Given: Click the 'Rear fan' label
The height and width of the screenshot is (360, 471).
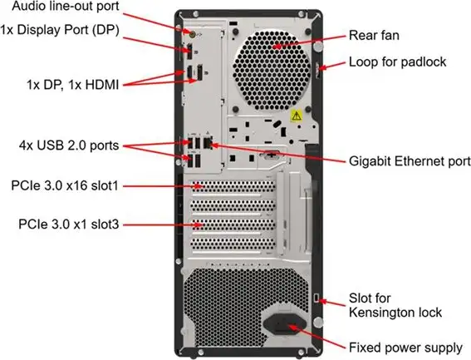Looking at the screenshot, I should point(373,36).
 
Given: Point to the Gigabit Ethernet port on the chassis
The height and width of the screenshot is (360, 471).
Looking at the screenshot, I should point(208,144).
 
